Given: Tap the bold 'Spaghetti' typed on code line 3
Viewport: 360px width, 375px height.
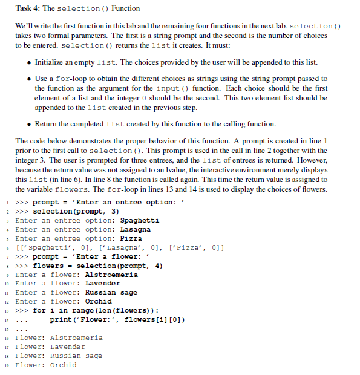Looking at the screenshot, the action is tap(140, 220).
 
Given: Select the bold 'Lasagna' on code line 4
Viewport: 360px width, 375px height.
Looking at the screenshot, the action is tap(136, 229).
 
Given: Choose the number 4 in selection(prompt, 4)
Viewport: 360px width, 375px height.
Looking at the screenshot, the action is tap(160, 266).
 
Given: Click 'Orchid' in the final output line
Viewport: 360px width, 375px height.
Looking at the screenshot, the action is tap(64, 365).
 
